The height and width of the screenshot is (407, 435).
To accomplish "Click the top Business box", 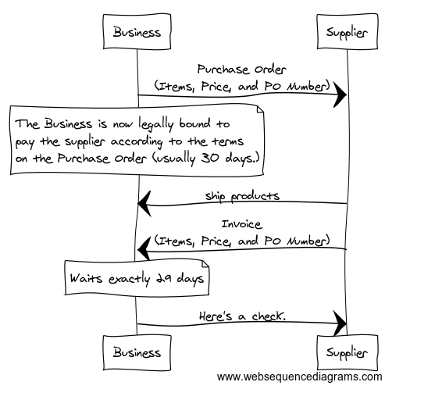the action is [137, 32].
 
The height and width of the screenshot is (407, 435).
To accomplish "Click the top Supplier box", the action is [348, 31].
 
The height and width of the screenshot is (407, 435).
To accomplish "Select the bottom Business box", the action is [137, 352].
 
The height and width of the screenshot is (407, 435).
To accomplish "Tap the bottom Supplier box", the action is [348, 352].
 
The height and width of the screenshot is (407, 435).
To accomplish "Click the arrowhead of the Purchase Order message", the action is [341, 95].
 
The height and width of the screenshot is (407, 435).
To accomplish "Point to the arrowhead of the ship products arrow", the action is [144, 204].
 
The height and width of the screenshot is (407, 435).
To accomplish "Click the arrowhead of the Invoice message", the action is [144, 249].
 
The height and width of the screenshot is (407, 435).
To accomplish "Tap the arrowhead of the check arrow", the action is [341, 323].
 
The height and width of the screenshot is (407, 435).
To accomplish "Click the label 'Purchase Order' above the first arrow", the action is [241, 70].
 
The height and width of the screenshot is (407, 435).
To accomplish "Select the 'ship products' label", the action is [242, 196].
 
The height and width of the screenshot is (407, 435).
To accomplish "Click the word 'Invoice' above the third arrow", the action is [241, 224].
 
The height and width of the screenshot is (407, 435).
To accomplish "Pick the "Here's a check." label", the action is [242, 316].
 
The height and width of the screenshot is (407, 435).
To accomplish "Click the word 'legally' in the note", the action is [156, 124].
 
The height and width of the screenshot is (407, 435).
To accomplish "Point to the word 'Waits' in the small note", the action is [86, 278].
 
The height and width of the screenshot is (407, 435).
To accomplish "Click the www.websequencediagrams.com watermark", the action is [300, 377].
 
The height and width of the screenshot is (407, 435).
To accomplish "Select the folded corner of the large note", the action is [260, 109].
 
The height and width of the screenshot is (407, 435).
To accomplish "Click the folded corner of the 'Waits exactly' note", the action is [205, 263].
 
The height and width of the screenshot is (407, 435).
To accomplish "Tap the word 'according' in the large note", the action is [137, 141].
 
